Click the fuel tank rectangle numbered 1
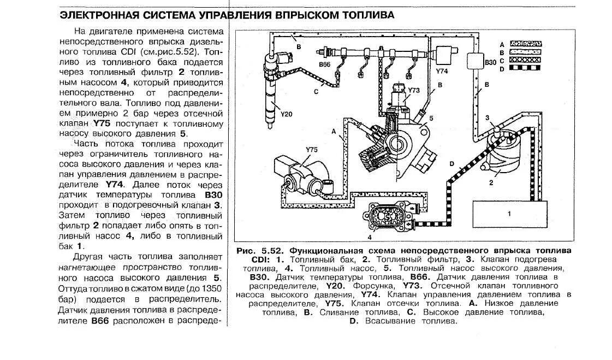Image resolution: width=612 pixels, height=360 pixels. [509, 214]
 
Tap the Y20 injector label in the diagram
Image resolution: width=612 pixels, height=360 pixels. [287, 114]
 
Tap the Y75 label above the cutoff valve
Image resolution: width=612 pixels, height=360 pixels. [311, 149]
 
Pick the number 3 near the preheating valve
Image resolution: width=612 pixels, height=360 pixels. [488, 118]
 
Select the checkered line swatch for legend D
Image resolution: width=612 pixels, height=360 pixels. [526, 68]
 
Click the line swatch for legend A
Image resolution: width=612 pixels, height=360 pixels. [526, 43]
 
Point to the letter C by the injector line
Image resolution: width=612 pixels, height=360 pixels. [316, 92]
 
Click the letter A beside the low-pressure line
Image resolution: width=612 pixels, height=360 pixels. [334, 131]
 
